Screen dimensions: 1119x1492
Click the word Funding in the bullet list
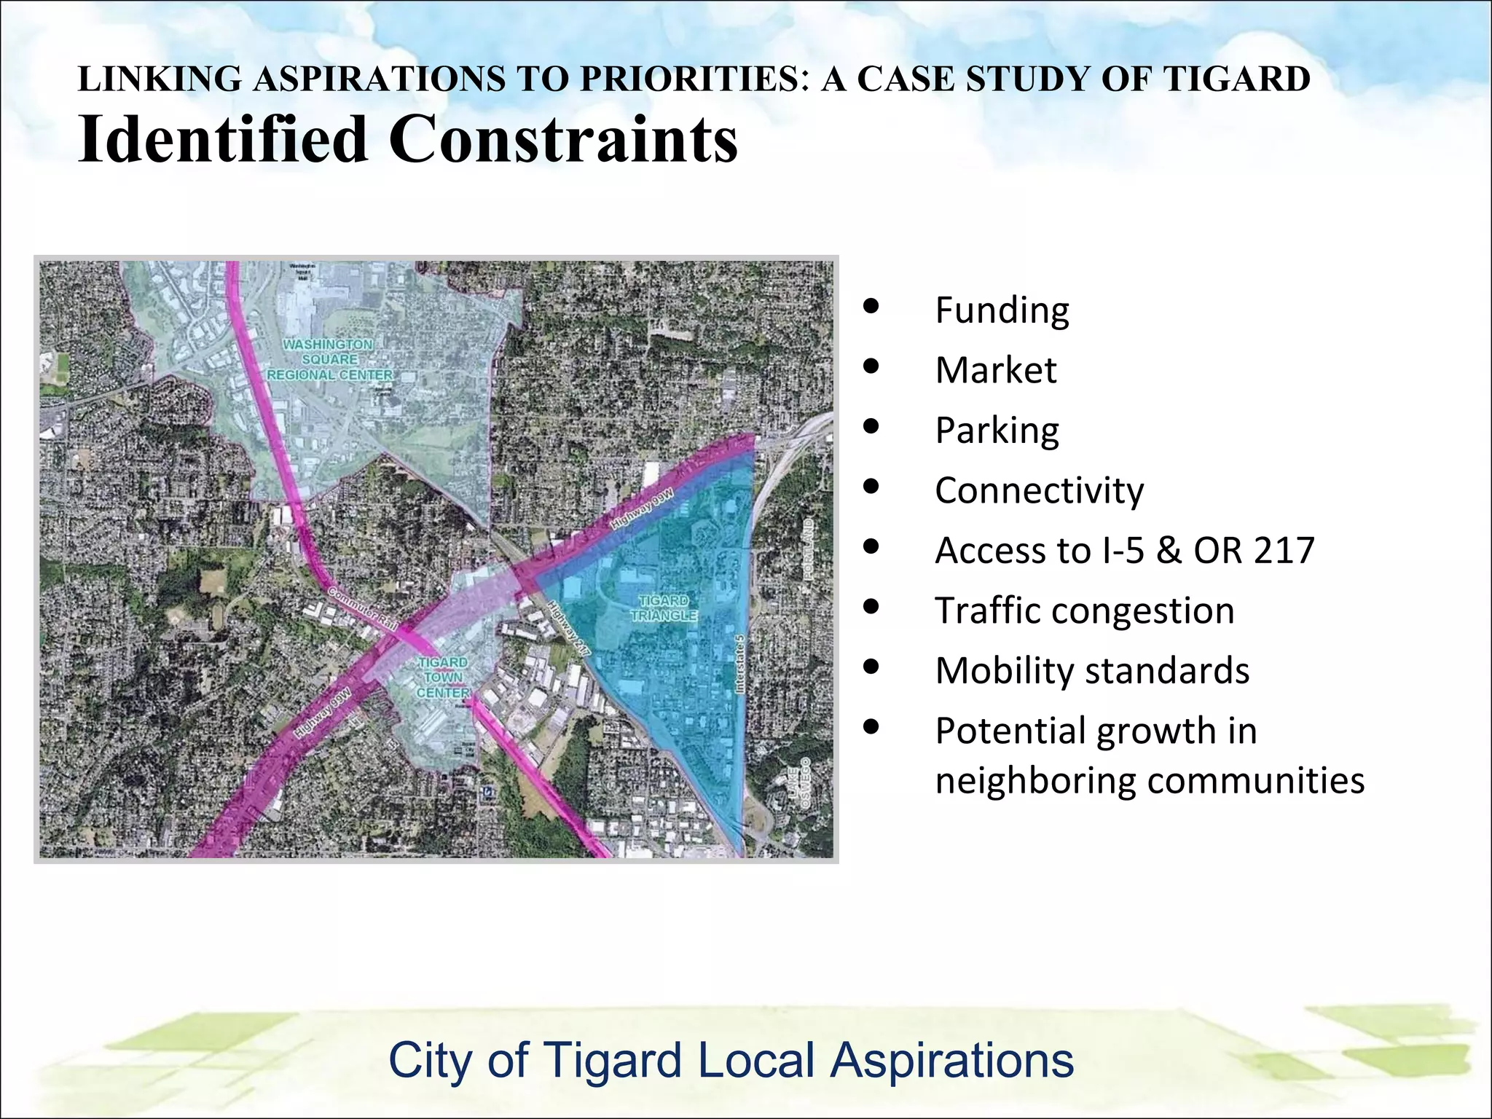1002,311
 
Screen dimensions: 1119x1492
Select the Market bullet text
995,371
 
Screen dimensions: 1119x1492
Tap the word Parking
997,431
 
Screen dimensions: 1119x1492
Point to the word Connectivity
1039,491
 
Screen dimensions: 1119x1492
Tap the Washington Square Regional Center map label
329,359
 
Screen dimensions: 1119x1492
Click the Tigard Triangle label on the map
663,608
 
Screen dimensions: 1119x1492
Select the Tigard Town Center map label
443,678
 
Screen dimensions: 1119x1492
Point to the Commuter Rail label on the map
363,608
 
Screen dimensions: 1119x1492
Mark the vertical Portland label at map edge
808,549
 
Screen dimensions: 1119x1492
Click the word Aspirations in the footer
951,1060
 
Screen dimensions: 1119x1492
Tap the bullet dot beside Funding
871,307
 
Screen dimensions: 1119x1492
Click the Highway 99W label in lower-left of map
323,712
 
